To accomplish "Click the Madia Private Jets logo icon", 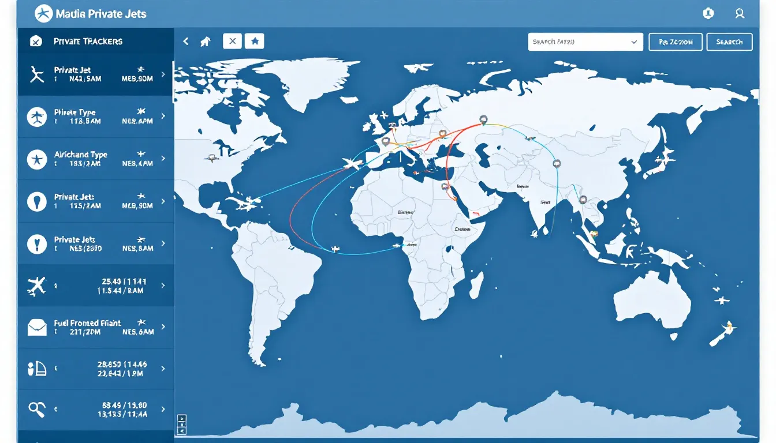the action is point(43,13).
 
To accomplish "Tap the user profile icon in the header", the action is point(739,13).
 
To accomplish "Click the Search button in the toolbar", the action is point(729,42).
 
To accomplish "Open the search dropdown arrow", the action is point(634,42).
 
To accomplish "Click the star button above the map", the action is point(254,41).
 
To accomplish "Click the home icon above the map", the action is point(205,42).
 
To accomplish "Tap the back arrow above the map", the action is point(186,42).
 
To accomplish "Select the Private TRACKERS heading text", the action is point(88,42).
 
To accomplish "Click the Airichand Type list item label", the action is point(80,155).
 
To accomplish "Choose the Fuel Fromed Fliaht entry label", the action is point(88,323).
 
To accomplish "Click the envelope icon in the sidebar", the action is point(36,328).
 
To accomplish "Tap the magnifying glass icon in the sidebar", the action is point(36,410).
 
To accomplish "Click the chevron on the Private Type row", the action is point(163,116).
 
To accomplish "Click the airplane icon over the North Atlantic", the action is point(352,164).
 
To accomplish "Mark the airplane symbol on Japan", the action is point(668,155).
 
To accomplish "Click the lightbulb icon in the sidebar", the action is point(36,201).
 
